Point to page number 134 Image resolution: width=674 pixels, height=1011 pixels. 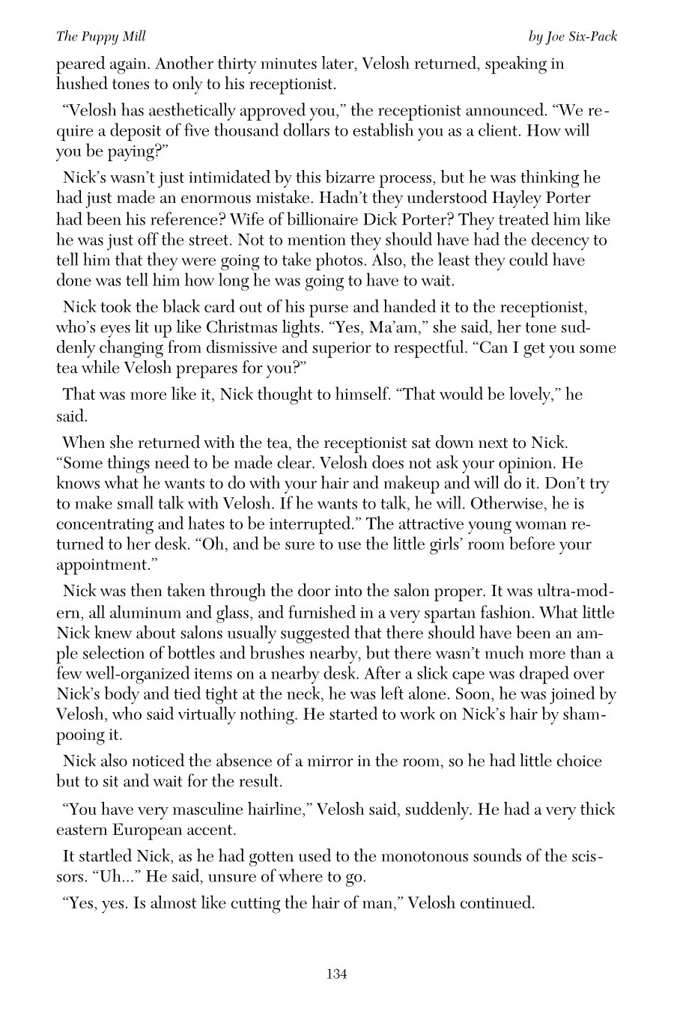point(336,974)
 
